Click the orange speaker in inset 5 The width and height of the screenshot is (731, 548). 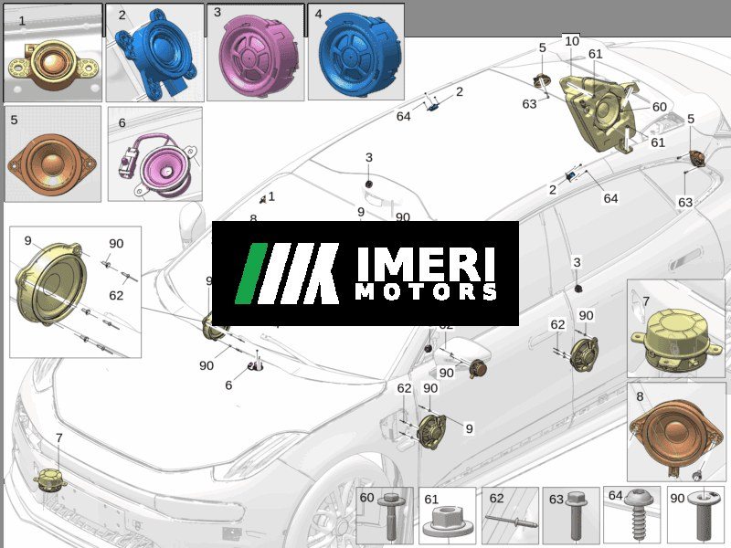pos(52,164)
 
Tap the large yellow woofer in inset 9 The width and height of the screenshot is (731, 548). pos(51,283)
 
